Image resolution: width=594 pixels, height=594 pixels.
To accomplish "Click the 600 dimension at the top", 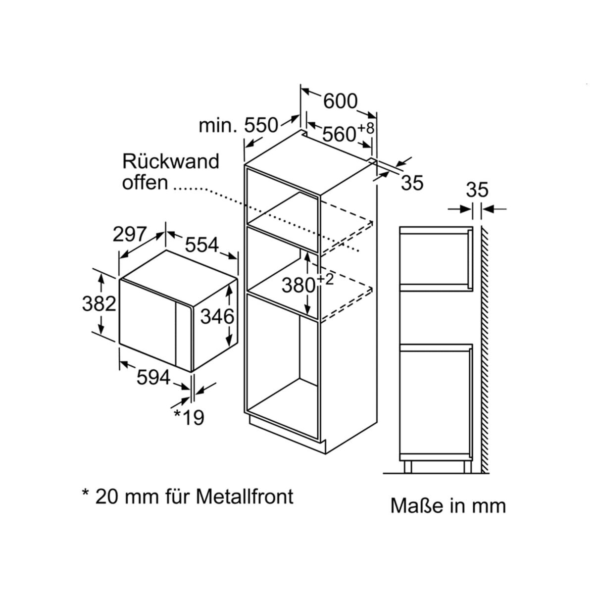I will [x=340, y=101].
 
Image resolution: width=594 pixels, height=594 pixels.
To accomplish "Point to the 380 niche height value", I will [x=299, y=285].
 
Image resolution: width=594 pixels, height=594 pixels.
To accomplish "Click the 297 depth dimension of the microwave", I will [x=130, y=234].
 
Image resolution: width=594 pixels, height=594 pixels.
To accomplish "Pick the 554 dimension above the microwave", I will [x=202, y=245].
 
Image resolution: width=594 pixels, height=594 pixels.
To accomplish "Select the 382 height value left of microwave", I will [x=99, y=303].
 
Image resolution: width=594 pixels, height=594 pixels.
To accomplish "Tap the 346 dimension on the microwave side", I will [x=217, y=316].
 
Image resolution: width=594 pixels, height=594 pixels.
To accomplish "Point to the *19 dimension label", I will [x=189, y=417].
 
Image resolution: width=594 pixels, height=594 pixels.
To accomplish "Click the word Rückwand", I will [x=171, y=161].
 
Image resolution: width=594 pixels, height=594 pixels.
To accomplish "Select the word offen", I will [x=145, y=182].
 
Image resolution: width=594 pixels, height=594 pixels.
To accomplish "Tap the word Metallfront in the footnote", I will [x=245, y=496].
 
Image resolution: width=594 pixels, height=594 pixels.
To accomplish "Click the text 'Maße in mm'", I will [x=448, y=506].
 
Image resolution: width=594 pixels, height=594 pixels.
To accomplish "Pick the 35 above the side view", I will [x=477, y=190].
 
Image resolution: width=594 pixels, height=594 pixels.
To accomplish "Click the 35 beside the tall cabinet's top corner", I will [x=412, y=183].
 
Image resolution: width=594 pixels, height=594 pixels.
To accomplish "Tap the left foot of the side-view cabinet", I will [x=407, y=467].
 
